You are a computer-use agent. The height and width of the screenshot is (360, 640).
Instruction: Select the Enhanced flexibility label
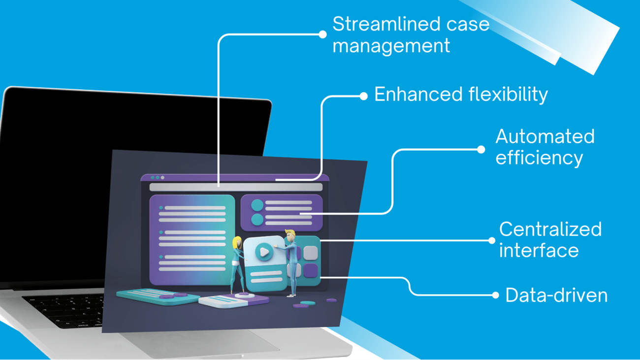pyautogui.click(x=461, y=95)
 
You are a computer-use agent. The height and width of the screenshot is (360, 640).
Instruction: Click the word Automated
pyautogui.click(x=544, y=136)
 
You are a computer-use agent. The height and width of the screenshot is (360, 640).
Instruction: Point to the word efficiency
pyautogui.click(x=539, y=158)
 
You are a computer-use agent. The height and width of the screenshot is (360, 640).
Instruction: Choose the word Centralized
pyautogui.click(x=550, y=229)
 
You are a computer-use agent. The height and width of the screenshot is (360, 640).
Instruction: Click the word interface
pyautogui.click(x=539, y=251)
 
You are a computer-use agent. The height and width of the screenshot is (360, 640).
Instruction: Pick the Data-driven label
pyautogui.click(x=556, y=295)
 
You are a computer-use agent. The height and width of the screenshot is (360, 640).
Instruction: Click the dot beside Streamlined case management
pyautogui.click(x=322, y=34)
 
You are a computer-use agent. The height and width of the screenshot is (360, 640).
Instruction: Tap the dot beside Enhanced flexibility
pyautogui.click(x=363, y=96)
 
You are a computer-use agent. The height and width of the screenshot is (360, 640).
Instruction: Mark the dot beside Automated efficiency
pyautogui.click(x=481, y=149)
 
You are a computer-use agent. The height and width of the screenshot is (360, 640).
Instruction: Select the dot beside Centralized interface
pyautogui.click(x=491, y=240)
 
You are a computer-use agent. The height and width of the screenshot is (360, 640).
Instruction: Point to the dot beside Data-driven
pyautogui.click(x=495, y=295)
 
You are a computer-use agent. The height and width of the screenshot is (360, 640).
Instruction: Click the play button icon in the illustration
pyautogui.click(x=264, y=252)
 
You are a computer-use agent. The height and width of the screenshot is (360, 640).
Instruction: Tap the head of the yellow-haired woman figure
pyautogui.click(x=237, y=242)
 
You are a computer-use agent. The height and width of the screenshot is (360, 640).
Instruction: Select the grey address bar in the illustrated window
pyautogui.click(x=236, y=187)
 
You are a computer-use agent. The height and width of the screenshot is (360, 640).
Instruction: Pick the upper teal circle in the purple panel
pyautogui.click(x=257, y=205)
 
